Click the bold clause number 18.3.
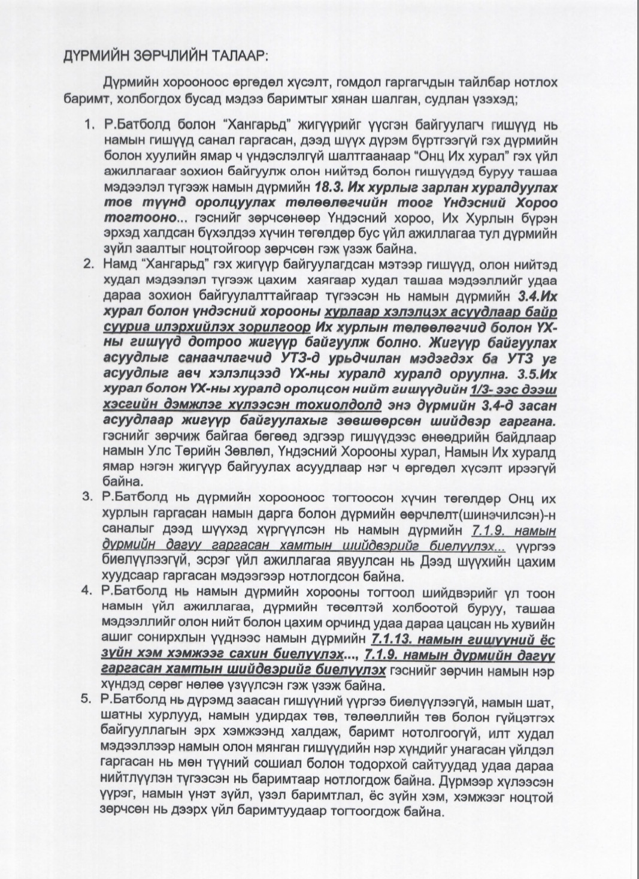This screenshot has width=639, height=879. point(329,186)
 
